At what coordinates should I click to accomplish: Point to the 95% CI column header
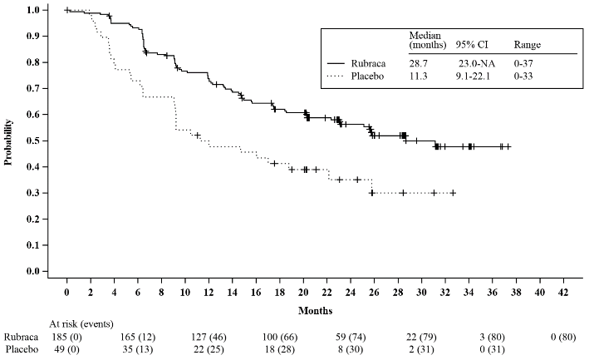(x=469, y=44)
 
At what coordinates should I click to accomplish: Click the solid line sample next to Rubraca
(x=336, y=63)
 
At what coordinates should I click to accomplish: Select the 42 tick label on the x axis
(x=564, y=293)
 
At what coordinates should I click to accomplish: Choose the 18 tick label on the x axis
(x=280, y=293)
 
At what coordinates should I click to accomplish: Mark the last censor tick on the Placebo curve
(x=453, y=193)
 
